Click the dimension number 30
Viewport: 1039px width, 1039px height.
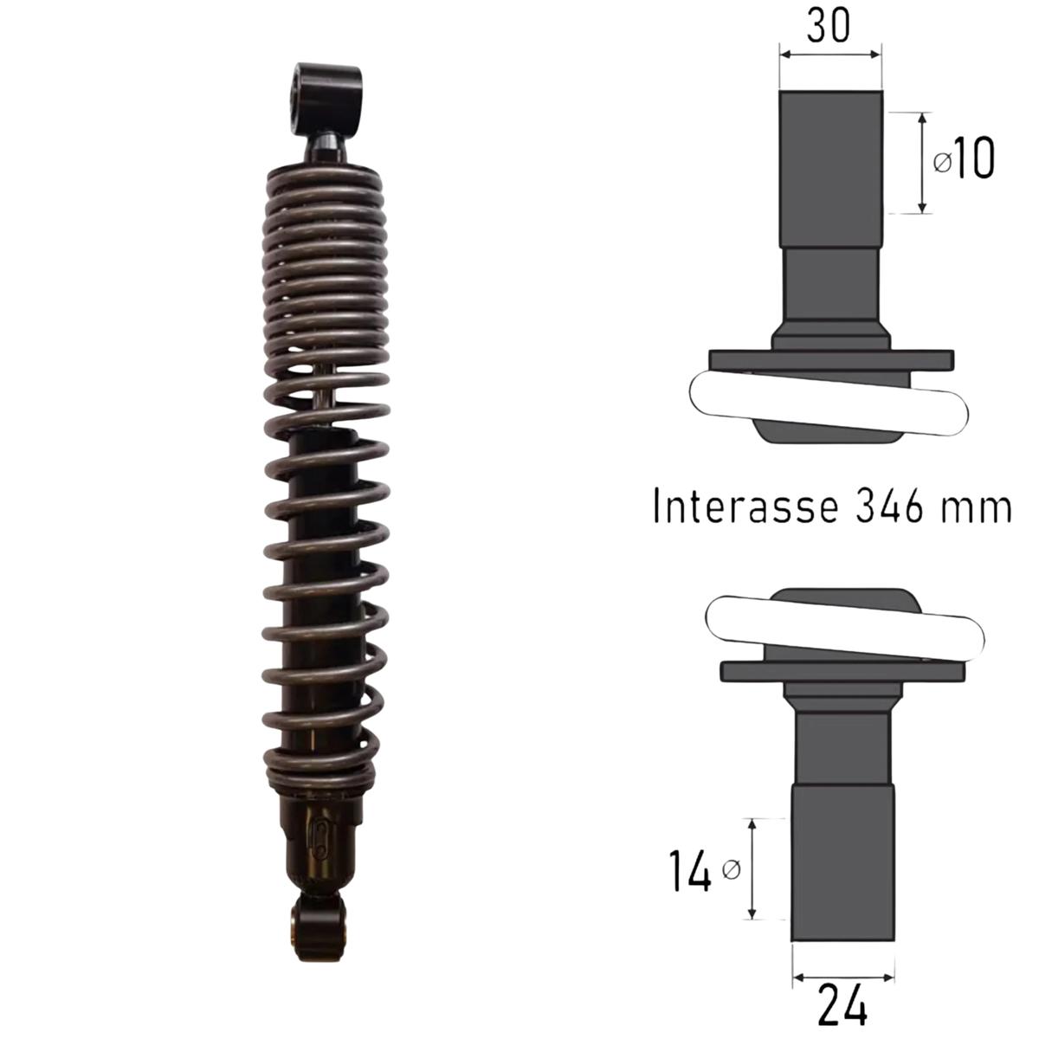tap(829, 25)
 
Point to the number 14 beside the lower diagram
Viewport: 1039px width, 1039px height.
tap(689, 871)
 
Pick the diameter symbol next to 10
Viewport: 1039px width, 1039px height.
tap(943, 161)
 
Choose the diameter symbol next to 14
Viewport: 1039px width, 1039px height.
tap(731, 869)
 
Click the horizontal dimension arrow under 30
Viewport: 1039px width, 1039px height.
tap(830, 54)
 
